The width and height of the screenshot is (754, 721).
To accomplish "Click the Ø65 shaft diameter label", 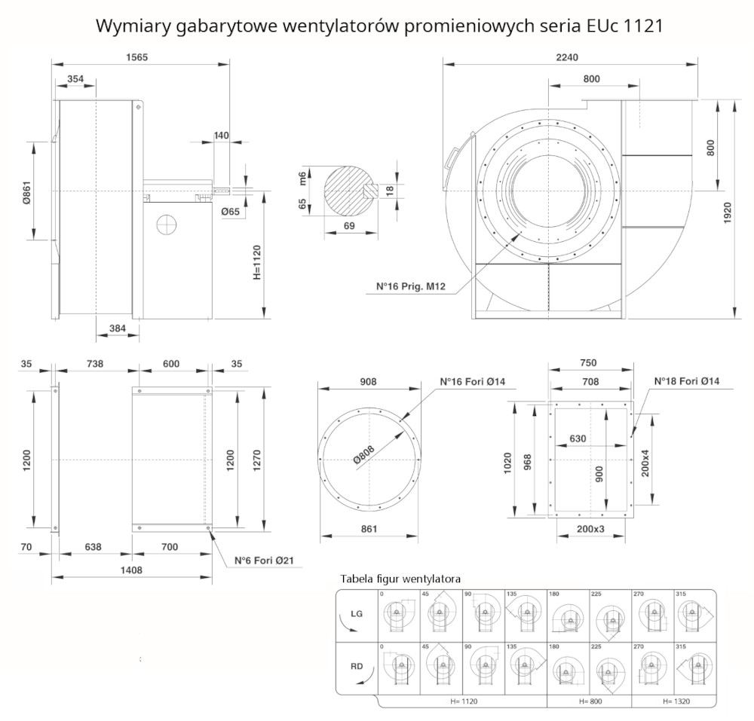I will pos(230,212).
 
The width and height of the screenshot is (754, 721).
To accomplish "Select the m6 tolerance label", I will pos(302,178).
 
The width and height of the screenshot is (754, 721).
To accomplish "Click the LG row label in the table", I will pos(357,614).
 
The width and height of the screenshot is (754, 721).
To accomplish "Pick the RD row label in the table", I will pos(357,666).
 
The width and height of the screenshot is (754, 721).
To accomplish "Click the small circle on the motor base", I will pos(165,223).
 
